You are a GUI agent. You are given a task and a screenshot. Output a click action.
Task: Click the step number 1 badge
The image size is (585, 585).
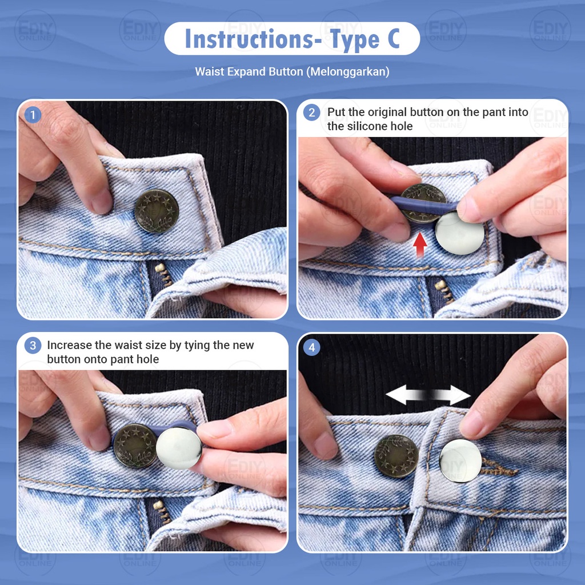(x=33, y=115)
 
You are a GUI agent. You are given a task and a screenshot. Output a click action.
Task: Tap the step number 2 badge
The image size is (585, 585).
(x=311, y=113)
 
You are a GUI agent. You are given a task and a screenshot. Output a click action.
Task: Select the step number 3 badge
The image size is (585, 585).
(x=33, y=346)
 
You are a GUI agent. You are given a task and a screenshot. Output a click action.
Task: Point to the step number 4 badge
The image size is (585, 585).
(x=311, y=348)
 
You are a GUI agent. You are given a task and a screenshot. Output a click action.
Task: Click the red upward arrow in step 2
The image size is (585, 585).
(x=420, y=245)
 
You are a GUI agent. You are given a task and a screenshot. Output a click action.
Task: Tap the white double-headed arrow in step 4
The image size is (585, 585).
(x=428, y=395)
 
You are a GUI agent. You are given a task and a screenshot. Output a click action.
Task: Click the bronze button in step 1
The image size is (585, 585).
(x=157, y=211)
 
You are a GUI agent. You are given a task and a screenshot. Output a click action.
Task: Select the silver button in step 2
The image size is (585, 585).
(x=460, y=233)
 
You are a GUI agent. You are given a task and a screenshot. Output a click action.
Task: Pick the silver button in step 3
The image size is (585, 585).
(x=179, y=448)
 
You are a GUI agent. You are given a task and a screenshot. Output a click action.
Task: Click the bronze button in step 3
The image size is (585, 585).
(x=135, y=446)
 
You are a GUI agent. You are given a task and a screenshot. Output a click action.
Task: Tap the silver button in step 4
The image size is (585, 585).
(x=460, y=461)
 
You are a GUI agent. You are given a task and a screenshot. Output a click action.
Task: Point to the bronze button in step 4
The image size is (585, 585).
(x=396, y=456)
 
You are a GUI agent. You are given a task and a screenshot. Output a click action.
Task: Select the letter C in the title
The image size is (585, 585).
(x=393, y=39)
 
